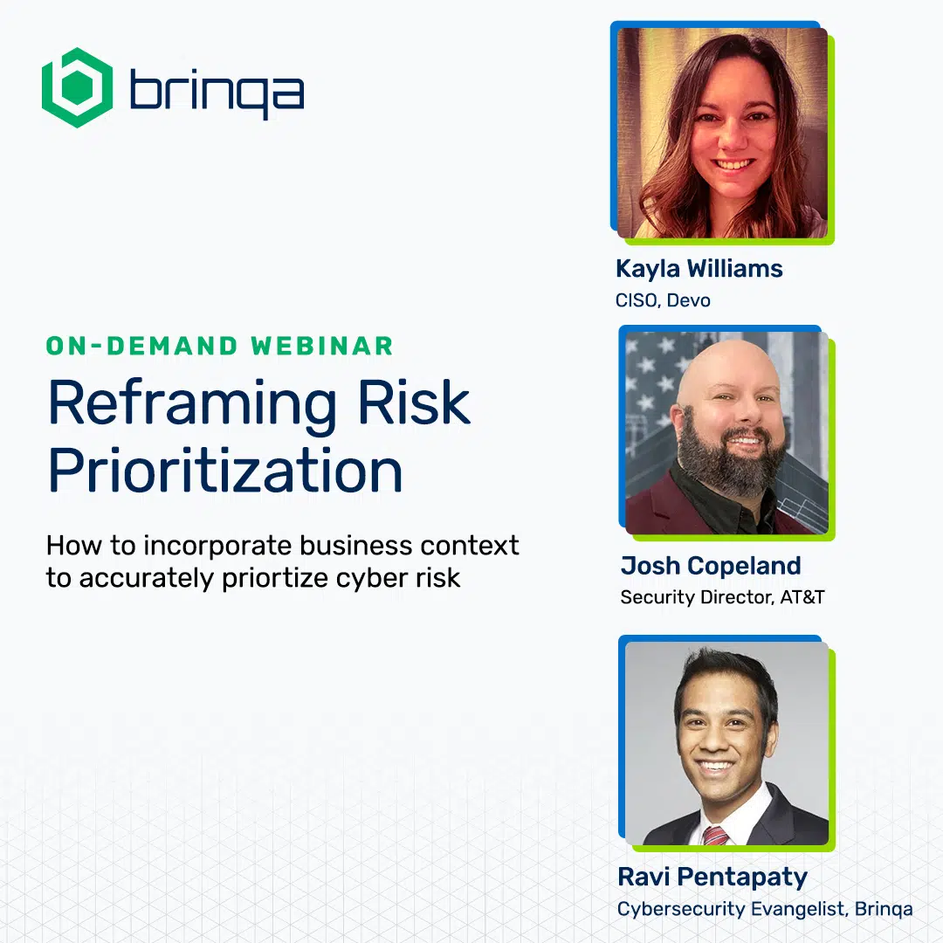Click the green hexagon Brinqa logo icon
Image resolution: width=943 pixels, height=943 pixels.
point(77,88)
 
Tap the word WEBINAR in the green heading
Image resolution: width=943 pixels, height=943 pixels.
point(322,347)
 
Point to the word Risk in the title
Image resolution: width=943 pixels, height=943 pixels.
point(414,402)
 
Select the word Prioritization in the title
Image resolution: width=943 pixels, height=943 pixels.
point(225,471)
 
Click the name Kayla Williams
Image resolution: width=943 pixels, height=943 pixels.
point(699,269)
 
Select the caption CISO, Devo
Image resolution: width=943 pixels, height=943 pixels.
point(663,300)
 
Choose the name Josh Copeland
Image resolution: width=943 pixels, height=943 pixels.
point(711,566)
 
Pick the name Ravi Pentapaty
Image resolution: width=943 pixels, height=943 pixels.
point(712,878)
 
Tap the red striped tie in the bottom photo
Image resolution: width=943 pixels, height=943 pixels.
point(715,836)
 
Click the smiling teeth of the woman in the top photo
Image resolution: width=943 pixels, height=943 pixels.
point(732,164)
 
